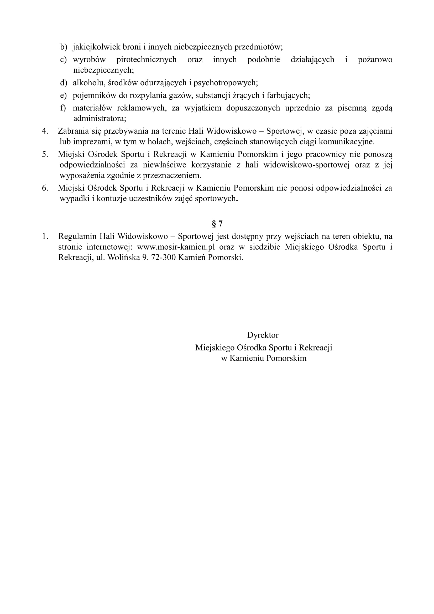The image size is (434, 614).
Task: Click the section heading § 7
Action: tap(217, 224)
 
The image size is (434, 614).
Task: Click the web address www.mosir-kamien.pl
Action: tap(176, 247)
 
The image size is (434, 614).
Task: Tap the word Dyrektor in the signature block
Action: tap(263, 335)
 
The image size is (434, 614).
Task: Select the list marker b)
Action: tap(63, 47)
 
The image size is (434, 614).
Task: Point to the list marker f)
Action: tap(63, 108)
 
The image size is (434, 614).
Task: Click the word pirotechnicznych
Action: tap(147, 59)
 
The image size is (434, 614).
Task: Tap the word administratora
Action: tap(99, 118)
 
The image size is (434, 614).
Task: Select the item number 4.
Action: tap(45, 131)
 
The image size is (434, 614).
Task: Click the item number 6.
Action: tap(45, 188)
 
